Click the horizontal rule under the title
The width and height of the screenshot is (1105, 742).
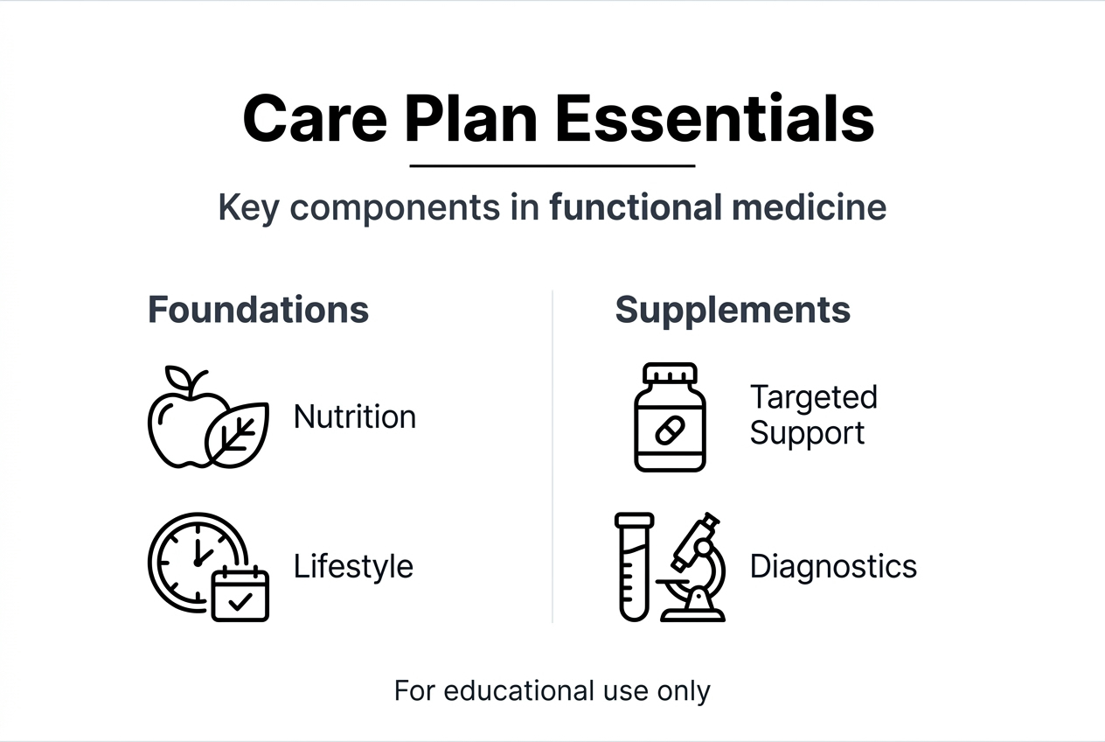click(x=552, y=164)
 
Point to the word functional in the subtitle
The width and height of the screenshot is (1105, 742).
click(x=636, y=208)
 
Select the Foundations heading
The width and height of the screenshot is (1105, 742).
click(x=258, y=310)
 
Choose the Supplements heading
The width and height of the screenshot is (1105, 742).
click(x=733, y=310)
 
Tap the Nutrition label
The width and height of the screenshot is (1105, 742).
click(x=355, y=416)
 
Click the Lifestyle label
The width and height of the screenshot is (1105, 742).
click(x=353, y=566)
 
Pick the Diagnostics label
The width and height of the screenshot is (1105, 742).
click(x=833, y=566)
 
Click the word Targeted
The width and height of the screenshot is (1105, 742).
click(x=813, y=397)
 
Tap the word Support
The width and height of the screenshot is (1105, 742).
click(x=807, y=433)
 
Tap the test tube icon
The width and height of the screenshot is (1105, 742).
click(x=634, y=567)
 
